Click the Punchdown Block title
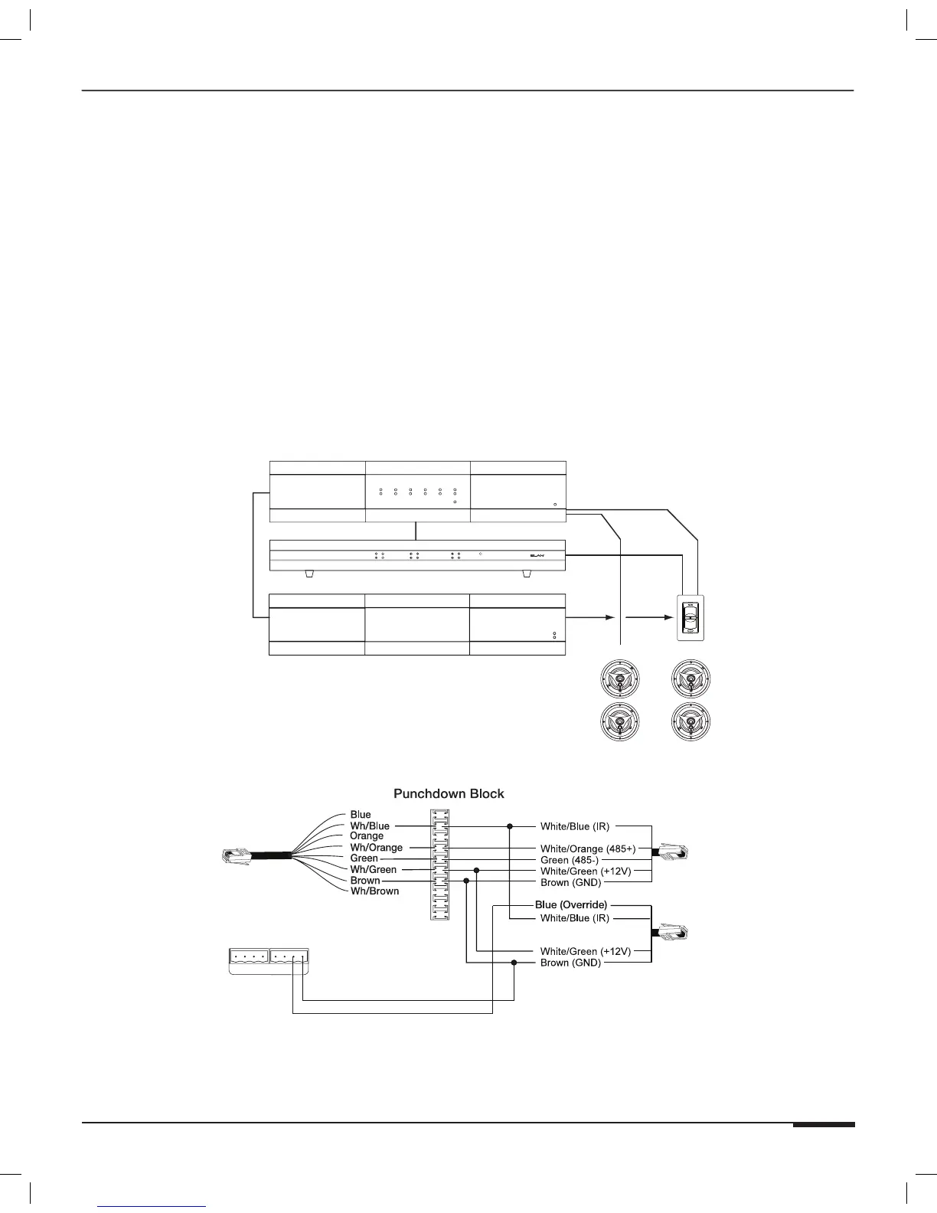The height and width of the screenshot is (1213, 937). pos(449,793)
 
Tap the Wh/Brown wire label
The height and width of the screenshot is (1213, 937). pos(374,891)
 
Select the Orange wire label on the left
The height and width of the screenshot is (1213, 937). pos(367,836)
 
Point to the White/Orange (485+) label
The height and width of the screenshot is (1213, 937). pos(588,848)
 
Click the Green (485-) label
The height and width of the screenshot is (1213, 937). pos(570,860)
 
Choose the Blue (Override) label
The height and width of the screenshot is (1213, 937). pos(571,905)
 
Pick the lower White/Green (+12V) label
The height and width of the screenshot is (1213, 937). pos(586,951)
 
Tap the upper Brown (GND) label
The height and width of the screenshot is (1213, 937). pos(570,883)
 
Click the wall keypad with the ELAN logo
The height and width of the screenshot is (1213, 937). pos(691,618)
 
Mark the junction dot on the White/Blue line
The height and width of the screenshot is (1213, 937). pos(510,826)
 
